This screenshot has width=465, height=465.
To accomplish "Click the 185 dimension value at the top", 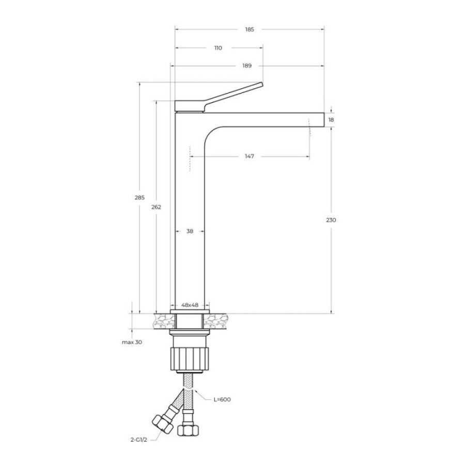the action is point(250,29).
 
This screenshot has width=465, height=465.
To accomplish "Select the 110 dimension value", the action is point(218,48).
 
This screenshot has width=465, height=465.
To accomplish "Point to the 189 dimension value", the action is point(247,66).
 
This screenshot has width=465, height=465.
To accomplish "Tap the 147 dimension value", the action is point(250,156).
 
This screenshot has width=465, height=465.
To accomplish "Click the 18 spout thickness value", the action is point(331,119).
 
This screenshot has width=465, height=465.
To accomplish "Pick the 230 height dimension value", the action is point(331,220).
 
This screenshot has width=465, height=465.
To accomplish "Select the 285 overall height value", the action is point(139,197).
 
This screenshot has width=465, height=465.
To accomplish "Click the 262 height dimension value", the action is point(156,207).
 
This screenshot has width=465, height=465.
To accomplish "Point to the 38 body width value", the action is point(190,231).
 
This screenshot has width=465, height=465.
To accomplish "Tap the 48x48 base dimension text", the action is point(190,305).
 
